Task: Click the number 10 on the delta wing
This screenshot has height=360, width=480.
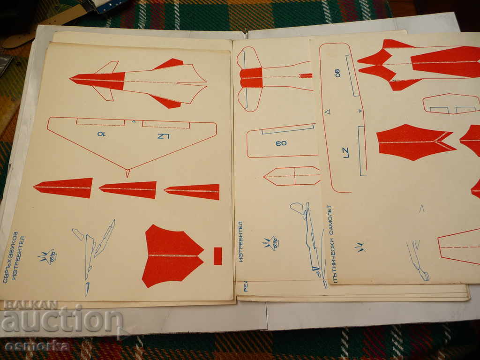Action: coord(101,134)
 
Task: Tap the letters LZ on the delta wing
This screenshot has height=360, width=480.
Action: coord(163,136)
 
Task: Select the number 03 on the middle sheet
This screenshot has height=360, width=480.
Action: coord(281,143)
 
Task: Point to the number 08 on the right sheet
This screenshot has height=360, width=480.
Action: coord(337,73)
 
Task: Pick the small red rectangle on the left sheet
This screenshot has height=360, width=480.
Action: coord(217,256)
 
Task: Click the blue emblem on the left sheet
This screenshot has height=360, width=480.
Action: coord(48,256)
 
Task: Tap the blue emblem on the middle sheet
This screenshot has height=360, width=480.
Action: coord(270,243)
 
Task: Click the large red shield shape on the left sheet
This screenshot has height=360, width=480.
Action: coord(171,255)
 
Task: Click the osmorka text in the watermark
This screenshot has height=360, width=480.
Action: coord(37,346)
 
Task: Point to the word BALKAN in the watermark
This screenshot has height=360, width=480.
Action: coord(30,305)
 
